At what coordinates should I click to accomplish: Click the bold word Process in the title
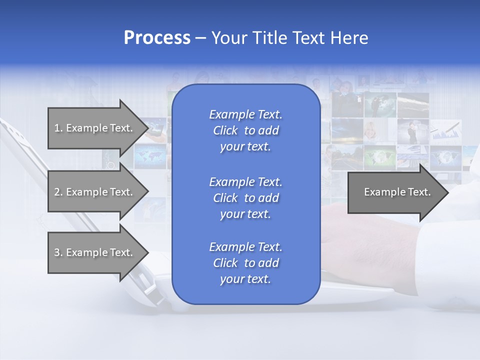(x=157, y=38)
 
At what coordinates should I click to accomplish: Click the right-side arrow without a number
(x=397, y=192)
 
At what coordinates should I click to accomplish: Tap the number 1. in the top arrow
(x=58, y=128)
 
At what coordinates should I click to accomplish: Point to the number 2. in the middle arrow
(x=58, y=192)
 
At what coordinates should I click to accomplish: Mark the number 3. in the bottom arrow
(x=58, y=252)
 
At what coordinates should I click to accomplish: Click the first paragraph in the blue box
(x=245, y=130)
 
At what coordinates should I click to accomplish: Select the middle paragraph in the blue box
(x=245, y=198)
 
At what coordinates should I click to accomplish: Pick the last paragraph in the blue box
(x=245, y=263)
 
